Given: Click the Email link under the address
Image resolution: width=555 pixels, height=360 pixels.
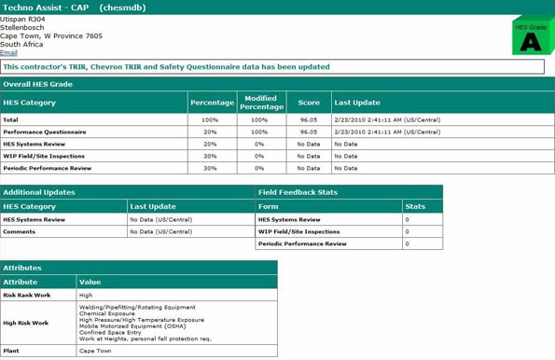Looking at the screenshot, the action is click(x=8, y=53).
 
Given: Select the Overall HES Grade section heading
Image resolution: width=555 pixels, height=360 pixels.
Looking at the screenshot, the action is click(x=37, y=84).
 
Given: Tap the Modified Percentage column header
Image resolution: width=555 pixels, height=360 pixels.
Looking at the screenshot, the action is click(x=261, y=102).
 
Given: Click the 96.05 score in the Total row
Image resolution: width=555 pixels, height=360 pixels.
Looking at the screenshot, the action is click(x=309, y=119).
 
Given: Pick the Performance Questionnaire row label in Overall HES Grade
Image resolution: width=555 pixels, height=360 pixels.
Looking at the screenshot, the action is click(x=44, y=132).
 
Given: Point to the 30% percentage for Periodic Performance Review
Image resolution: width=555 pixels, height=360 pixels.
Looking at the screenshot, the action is click(x=210, y=168).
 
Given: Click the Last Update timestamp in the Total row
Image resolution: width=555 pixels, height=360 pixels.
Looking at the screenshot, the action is click(x=380, y=119).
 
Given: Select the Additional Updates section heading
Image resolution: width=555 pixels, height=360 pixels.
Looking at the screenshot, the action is click(x=38, y=192).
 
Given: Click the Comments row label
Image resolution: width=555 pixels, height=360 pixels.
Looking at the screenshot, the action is click(x=19, y=231).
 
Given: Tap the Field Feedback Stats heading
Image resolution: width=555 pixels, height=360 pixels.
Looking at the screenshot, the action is click(x=298, y=192).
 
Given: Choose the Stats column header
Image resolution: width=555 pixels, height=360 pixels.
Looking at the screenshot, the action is click(x=415, y=206).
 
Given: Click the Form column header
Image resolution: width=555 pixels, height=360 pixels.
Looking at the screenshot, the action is click(x=268, y=206).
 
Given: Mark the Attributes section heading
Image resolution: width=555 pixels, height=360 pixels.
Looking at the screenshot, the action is click(x=22, y=268).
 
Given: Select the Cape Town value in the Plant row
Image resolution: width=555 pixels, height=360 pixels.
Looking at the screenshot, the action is click(x=95, y=351).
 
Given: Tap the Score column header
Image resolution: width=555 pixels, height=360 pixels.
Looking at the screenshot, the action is click(x=309, y=103).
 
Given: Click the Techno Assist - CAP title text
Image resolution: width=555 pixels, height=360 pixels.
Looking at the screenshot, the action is click(x=46, y=7).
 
